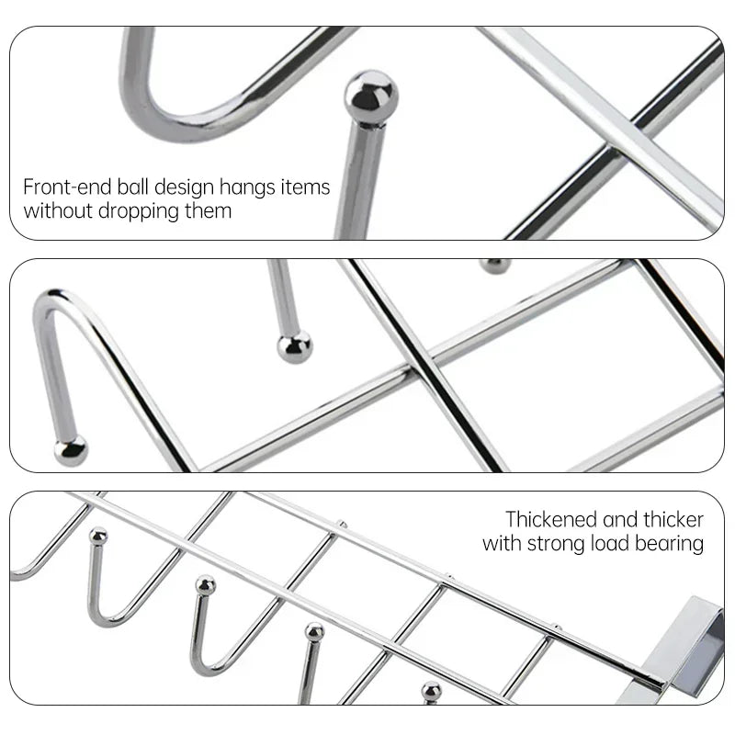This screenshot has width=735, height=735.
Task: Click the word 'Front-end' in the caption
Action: point(68,187)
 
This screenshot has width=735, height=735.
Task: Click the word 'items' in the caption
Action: point(306,187)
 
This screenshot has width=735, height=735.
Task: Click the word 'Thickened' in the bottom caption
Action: point(550,519)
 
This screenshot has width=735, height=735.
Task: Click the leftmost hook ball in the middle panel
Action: point(69,450)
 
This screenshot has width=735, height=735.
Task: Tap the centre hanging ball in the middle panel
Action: point(294,347)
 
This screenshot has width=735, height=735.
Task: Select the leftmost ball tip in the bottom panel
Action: point(97,536)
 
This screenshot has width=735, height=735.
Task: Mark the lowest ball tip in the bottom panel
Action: point(431,691)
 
